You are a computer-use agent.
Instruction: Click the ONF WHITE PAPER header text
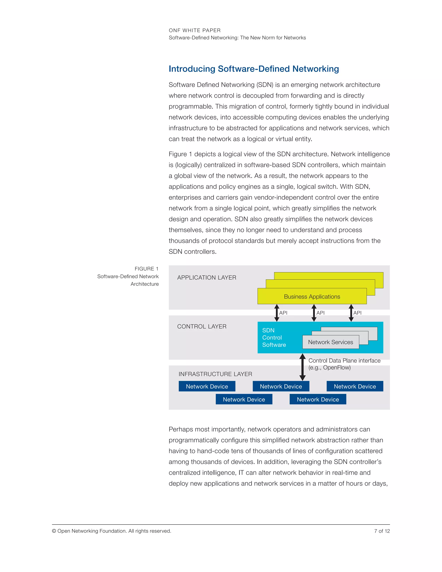tap(194, 30)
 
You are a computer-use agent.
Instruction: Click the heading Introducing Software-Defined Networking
tap(253, 69)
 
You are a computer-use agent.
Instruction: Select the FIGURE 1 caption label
tap(146, 269)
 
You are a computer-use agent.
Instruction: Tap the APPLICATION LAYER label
tap(207, 278)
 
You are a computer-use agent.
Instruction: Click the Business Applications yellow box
tap(312, 297)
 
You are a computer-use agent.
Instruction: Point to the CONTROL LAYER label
tap(202, 327)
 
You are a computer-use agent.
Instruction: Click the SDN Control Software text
tap(274, 338)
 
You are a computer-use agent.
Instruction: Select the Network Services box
tap(330, 342)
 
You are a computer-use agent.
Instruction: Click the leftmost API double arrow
tap(277, 313)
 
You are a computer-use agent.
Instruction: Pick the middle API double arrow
tap(314, 313)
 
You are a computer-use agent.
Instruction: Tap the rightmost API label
tap(357, 313)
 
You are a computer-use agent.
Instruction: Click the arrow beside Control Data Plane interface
tap(302, 367)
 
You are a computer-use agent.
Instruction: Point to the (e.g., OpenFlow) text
tap(329, 367)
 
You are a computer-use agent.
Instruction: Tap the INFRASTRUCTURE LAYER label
tap(215, 374)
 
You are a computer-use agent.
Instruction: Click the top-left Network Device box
tap(207, 386)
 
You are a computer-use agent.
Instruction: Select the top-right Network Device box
tap(355, 386)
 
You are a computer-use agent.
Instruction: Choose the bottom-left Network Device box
tap(244, 399)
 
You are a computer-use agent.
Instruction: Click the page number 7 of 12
tap(382, 531)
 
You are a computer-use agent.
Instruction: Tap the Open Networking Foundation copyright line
tap(112, 531)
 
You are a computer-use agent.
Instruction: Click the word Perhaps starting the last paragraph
tap(180, 429)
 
